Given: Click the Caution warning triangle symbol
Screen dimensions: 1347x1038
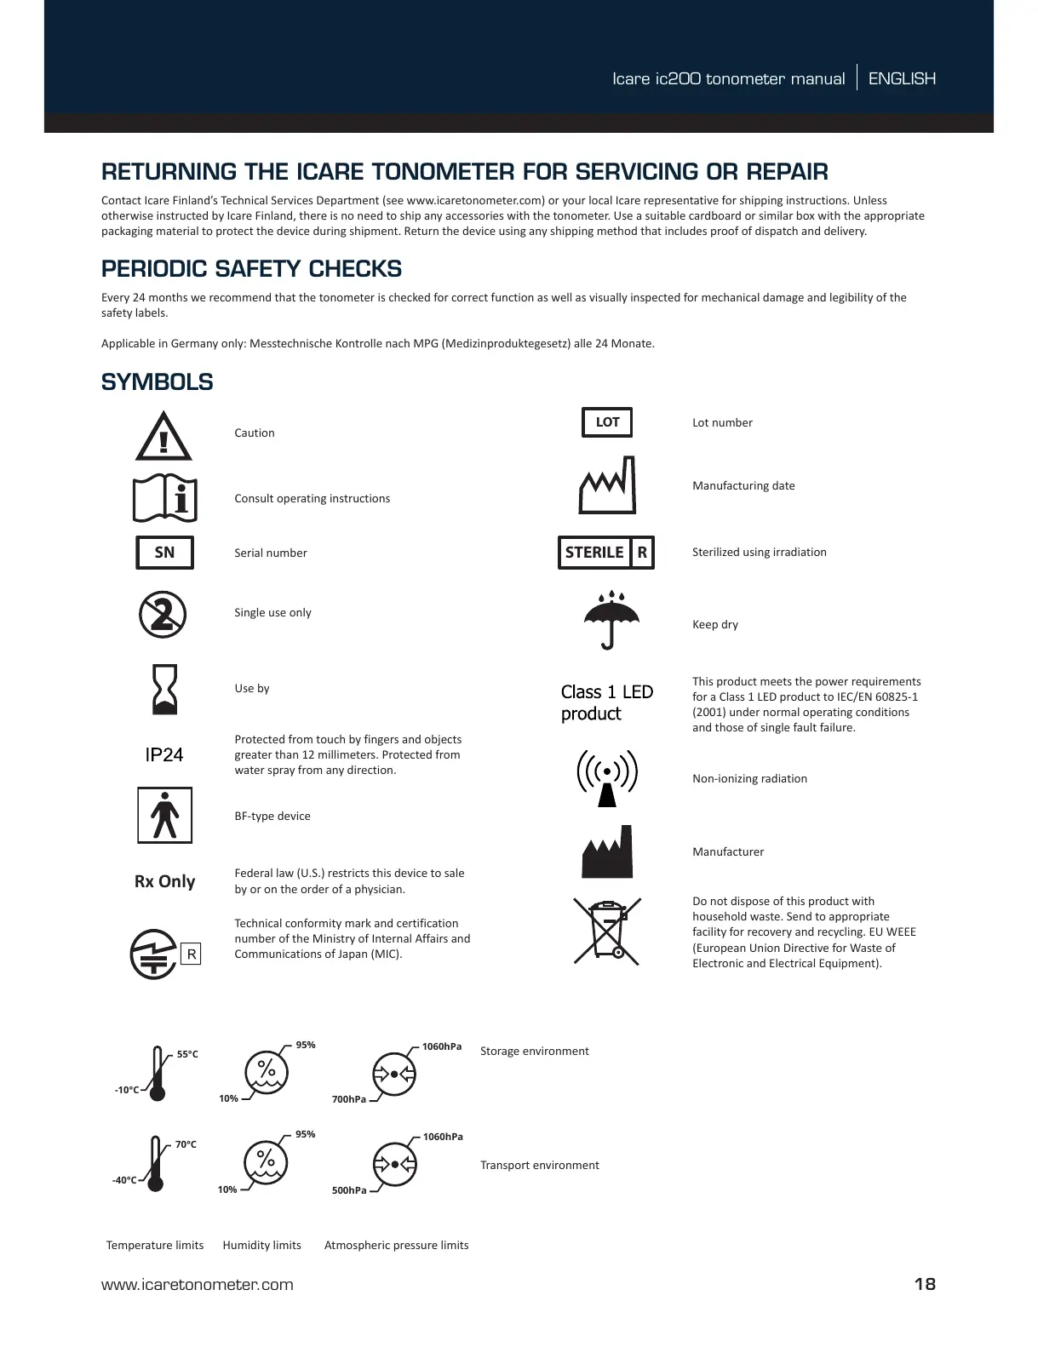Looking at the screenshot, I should (163, 436).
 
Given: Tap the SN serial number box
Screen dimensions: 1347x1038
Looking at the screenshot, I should (164, 553).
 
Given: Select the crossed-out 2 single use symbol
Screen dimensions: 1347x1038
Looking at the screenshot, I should (163, 613).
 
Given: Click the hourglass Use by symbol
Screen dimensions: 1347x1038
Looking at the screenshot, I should (164, 689).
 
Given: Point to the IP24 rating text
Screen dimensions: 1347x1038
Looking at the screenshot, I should (164, 755).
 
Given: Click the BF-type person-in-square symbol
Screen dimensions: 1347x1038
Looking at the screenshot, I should (164, 815).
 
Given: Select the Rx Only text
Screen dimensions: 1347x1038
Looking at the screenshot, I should (164, 881).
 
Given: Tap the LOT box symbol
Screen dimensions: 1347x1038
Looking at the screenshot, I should (607, 422).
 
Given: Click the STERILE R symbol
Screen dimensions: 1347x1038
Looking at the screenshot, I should (606, 553).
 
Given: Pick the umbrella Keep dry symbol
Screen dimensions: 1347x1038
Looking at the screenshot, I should (610, 620).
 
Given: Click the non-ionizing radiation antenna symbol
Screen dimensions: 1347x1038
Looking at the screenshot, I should (607, 777).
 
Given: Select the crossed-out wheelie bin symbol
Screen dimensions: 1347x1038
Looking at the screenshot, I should (607, 931).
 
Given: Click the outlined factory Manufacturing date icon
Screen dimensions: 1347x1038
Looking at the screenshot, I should (607, 485).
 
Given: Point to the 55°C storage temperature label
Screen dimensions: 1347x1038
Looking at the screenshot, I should (187, 1054).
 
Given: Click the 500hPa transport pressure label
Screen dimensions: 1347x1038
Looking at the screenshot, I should (349, 1190).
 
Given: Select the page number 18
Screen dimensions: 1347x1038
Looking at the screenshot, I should (925, 1284).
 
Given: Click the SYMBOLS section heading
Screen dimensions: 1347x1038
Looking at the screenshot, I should (158, 382).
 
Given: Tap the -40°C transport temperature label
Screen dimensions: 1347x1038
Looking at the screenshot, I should (124, 1180).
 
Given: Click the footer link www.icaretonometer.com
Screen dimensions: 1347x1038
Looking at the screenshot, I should (198, 1285).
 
